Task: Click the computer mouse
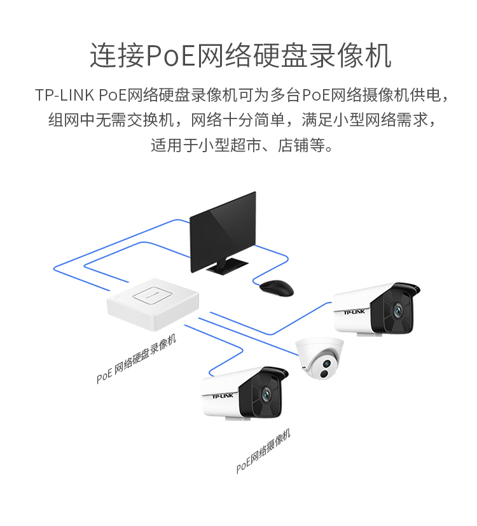point(277,287)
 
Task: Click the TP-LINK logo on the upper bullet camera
point(354,311)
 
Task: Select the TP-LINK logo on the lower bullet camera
point(222,396)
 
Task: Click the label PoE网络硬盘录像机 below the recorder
point(136,360)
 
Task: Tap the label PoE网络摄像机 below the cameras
point(263,451)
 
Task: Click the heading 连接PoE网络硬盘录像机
point(240,56)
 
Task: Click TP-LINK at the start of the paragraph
point(66,96)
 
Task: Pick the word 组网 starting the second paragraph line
point(60,120)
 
